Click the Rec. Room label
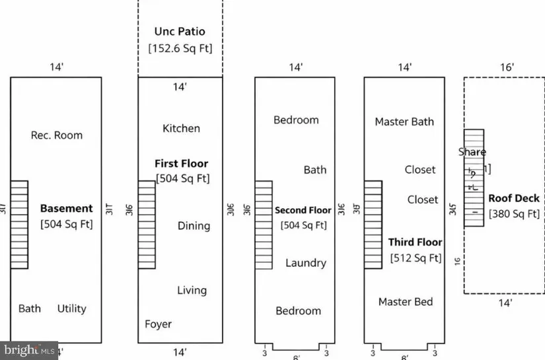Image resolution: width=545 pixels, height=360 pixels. click(57, 135)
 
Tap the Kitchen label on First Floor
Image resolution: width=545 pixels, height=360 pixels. click(181, 128)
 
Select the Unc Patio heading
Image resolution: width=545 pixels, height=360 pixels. click(180, 31)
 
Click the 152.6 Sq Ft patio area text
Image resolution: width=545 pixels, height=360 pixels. click(180, 48)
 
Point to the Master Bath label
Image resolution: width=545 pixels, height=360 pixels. click(404, 122)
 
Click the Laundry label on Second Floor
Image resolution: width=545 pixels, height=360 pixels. click(305, 263)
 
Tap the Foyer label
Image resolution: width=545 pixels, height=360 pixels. click(158, 324)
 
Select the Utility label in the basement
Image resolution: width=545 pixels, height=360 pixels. click(71, 308)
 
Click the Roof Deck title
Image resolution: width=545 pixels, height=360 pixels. click(513, 198)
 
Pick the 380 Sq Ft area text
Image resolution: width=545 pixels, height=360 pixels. click(514, 213)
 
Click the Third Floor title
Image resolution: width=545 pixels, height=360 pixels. click(415, 242)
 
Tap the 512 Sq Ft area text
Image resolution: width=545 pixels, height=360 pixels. click(416, 258)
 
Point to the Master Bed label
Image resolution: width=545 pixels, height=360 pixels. click(406, 302)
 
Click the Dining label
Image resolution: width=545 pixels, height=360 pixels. click(194, 226)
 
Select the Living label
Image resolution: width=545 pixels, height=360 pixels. click(192, 290)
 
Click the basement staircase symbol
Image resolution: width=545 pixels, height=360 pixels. click(19, 225)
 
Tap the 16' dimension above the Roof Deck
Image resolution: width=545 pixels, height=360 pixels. click(507, 67)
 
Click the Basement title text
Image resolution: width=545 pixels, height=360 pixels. click(67, 208)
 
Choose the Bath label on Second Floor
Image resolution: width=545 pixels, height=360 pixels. click(315, 170)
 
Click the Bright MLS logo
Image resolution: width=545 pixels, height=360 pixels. click(29, 350)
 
